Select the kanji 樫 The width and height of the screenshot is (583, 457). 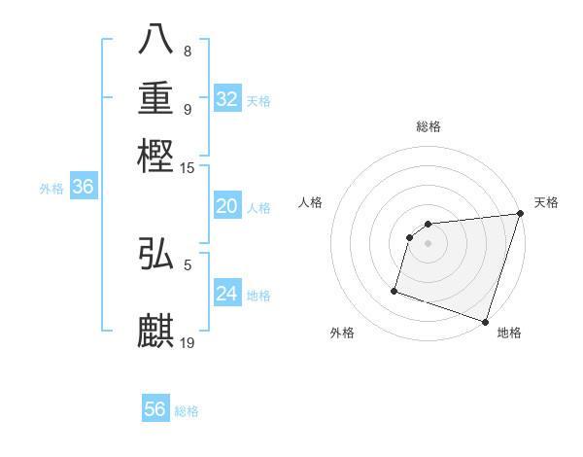click(x=156, y=155)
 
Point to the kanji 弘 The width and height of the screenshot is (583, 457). click(x=156, y=255)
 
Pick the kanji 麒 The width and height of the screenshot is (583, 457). click(x=156, y=330)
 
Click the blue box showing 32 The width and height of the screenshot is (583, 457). click(x=227, y=98)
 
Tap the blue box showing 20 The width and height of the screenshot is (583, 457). click(x=227, y=205)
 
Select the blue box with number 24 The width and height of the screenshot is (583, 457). click(x=227, y=293)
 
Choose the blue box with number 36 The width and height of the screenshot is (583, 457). click(x=83, y=188)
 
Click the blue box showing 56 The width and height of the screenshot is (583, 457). click(x=155, y=409)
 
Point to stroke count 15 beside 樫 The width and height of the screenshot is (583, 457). click(x=188, y=169)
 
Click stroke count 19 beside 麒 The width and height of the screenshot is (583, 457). click(x=188, y=342)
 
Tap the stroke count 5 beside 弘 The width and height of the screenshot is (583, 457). click(x=188, y=263)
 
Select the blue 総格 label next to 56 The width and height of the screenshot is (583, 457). click(x=187, y=411)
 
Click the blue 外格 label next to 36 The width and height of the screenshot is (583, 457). click(x=51, y=190)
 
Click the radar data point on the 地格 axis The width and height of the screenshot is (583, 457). click(x=485, y=322)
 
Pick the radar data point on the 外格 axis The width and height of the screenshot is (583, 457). click(x=394, y=290)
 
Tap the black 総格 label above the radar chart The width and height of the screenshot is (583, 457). click(x=429, y=126)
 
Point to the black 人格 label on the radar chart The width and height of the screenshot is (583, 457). click(x=311, y=202)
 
